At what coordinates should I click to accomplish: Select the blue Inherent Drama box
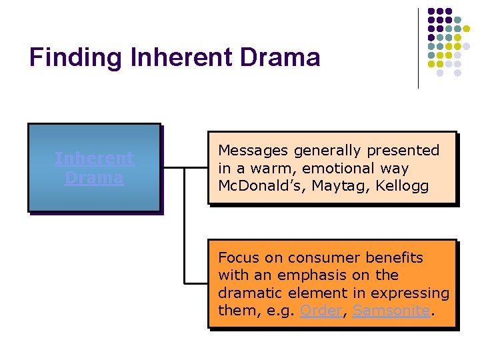[94, 168]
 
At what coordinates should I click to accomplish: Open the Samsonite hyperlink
[391, 311]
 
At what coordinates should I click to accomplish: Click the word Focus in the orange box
[237, 258]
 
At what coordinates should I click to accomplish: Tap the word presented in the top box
[407, 151]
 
